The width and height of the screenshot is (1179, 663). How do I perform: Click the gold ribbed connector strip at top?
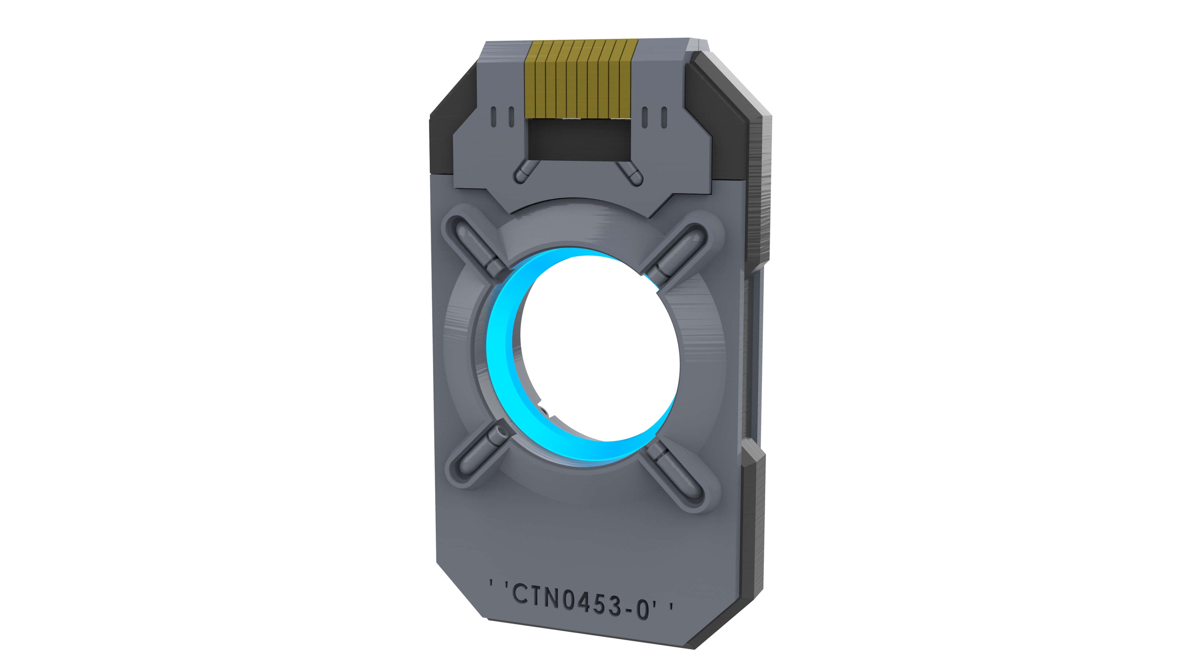[581, 78]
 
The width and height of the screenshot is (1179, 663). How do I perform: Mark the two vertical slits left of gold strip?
[502, 117]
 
